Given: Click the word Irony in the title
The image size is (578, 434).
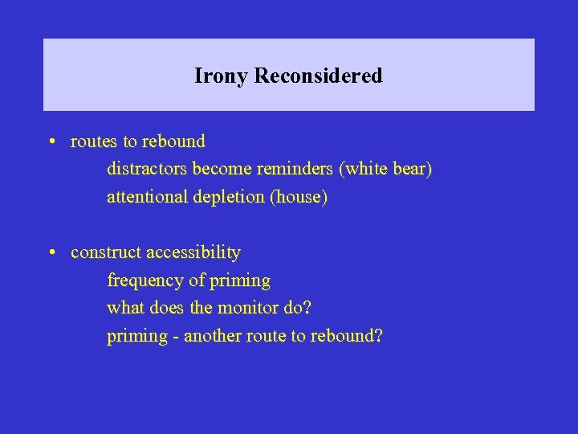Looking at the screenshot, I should coord(221,76).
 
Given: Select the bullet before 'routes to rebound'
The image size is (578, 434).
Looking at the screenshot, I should coord(51,142).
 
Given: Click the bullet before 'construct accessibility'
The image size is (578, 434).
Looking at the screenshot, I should coord(51,253).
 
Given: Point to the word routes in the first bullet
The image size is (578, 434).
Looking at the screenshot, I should coord(94,142).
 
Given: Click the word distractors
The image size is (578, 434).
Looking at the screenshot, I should coord(146,170).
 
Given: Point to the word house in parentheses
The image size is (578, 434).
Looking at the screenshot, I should coord(299,197).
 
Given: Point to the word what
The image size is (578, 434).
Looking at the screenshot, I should coord(124,308).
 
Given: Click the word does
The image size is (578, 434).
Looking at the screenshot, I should coord(168,308).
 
